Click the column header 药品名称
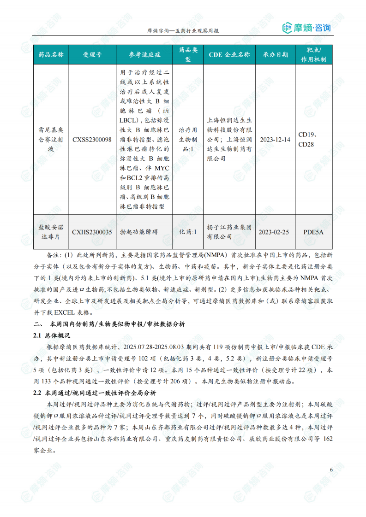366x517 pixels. coord(51,54)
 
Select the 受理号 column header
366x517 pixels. coord(92,54)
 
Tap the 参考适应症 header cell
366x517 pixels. coord(144,54)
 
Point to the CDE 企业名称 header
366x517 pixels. coord(229,54)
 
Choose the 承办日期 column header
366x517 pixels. coord(275,54)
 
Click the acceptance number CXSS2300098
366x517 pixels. coord(92,140)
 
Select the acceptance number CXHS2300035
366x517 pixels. coord(92,232)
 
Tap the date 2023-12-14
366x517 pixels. coord(275,140)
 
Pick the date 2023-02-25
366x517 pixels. coord(275,232)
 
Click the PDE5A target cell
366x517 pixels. coord(313,232)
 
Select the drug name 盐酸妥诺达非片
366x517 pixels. coord(51,232)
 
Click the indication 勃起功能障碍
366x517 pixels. coord(139,232)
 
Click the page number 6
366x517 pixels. coord(331,470)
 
